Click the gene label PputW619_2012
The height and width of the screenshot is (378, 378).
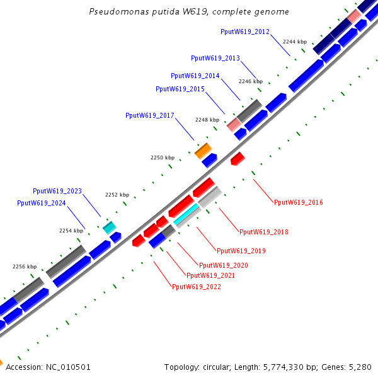coord(245,31)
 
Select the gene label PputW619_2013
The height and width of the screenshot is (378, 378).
coord(215,59)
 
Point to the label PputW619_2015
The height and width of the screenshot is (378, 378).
coord(180,89)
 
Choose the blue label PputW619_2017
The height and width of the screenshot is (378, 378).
coord(150,115)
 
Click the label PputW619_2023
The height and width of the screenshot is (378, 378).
coord(57,191)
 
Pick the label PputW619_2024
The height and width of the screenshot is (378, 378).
coord(42,203)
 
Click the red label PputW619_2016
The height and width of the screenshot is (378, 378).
coord(299,203)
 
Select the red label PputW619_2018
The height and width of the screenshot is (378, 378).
coord(264,232)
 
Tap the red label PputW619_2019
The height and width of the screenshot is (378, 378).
coord(241,251)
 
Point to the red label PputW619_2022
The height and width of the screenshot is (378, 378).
coord(197,287)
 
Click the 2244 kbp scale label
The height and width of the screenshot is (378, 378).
coord(295,42)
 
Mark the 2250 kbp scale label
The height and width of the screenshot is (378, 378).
coord(163,157)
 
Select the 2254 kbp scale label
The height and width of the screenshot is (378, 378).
coord(71,231)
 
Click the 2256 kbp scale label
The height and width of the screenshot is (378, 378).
coord(25,266)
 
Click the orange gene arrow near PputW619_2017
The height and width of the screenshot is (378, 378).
coord(203,151)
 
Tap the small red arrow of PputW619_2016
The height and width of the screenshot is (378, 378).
coord(238,158)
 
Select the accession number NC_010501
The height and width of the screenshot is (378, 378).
coord(67,367)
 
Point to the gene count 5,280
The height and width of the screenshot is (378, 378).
coord(359,367)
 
